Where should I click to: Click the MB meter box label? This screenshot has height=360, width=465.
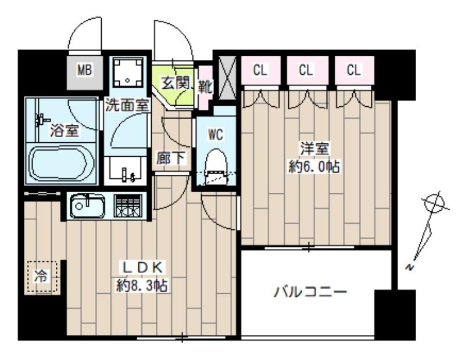point(85,71)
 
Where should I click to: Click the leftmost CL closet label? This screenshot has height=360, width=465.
point(260,70)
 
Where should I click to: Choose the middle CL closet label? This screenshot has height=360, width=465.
point(306,70)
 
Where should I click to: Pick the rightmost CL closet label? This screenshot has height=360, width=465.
point(353,70)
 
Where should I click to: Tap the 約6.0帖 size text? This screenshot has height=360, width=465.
point(314,167)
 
